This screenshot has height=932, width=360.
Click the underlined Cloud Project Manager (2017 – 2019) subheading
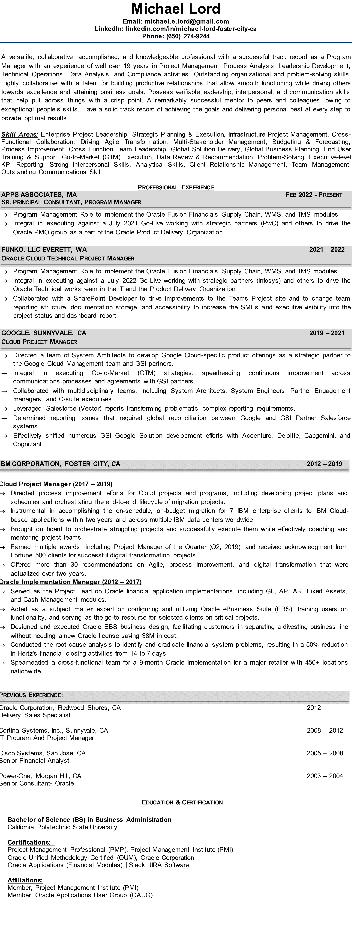(56, 484)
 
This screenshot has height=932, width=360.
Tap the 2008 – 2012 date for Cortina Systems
(324, 730)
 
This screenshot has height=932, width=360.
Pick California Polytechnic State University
(62, 827)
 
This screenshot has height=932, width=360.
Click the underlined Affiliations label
(25, 880)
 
